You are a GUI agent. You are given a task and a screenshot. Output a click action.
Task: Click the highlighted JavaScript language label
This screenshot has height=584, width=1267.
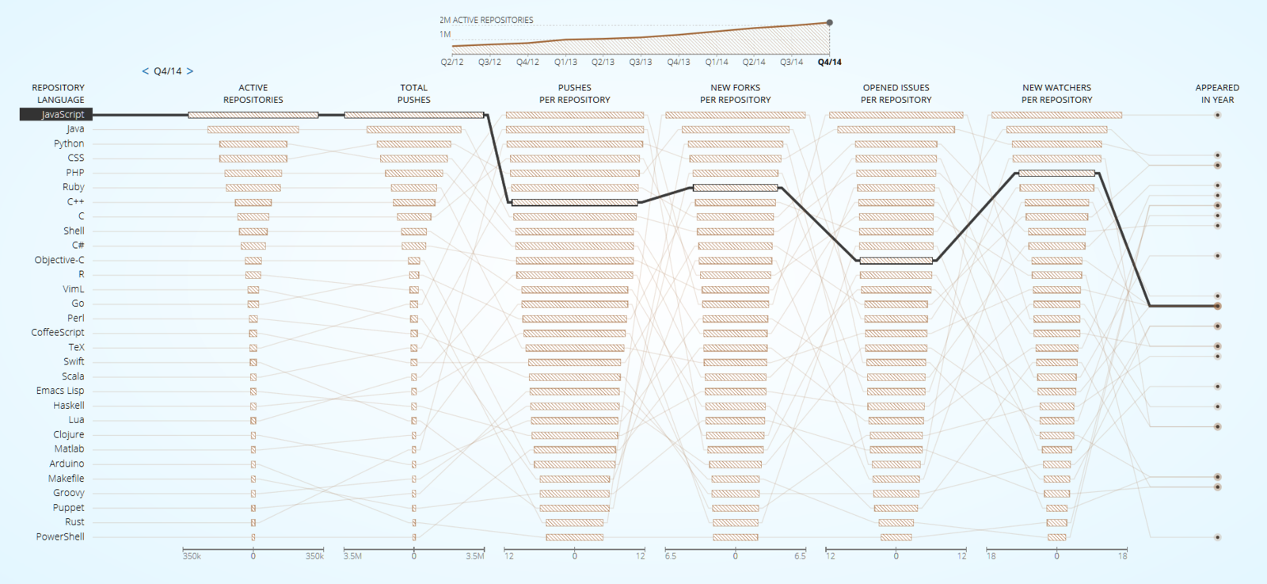[x=57, y=115]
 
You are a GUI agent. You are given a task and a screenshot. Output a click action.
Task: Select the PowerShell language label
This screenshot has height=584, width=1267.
[x=60, y=536]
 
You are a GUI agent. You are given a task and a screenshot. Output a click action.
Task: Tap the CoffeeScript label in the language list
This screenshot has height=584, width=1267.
[x=58, y=332]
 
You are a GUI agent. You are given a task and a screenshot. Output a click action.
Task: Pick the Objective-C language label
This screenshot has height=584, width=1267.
[x=59, y=260]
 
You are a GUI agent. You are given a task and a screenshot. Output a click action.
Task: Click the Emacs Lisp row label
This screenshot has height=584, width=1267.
[x=60, y=391]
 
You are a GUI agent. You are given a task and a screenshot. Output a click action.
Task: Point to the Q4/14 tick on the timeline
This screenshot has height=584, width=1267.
[x=829, y=62]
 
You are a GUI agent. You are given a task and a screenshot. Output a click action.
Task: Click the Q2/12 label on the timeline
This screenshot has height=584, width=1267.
[x=452, y=62]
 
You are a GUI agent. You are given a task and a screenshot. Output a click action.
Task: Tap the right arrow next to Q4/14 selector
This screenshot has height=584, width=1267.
[x=190, y=71]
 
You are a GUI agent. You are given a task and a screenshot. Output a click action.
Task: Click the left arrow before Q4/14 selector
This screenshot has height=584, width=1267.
[x=145, y=71]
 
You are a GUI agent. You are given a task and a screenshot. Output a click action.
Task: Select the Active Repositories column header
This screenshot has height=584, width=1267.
[x=253, y=94]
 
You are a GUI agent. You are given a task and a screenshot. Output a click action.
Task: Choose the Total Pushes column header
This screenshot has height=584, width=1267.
[x=414, y=94]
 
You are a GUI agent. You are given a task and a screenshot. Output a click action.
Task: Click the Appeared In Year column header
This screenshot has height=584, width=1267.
[x=1217, y=94]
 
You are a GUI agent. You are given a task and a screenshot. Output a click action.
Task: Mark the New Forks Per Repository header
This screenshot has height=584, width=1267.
[x=735, y=94]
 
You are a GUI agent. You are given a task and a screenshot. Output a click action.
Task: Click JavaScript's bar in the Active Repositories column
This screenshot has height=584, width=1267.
[x=253, y=115]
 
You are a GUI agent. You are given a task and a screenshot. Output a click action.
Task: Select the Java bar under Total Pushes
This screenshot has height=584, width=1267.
[x=414, y=129]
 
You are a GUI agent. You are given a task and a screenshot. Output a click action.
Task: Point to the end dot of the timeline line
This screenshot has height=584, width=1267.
[x=830, y=23]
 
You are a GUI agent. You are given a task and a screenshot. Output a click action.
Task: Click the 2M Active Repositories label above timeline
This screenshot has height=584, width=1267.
[x=486, y=20]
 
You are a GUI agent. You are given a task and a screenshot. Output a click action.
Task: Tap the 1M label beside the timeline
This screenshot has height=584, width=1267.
[x=445, y=35]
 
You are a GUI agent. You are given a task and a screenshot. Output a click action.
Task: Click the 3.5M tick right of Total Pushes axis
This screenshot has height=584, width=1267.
[x=474, y=556]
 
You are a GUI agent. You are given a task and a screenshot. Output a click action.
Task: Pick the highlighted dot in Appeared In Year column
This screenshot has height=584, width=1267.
[x=1218, y=306]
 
